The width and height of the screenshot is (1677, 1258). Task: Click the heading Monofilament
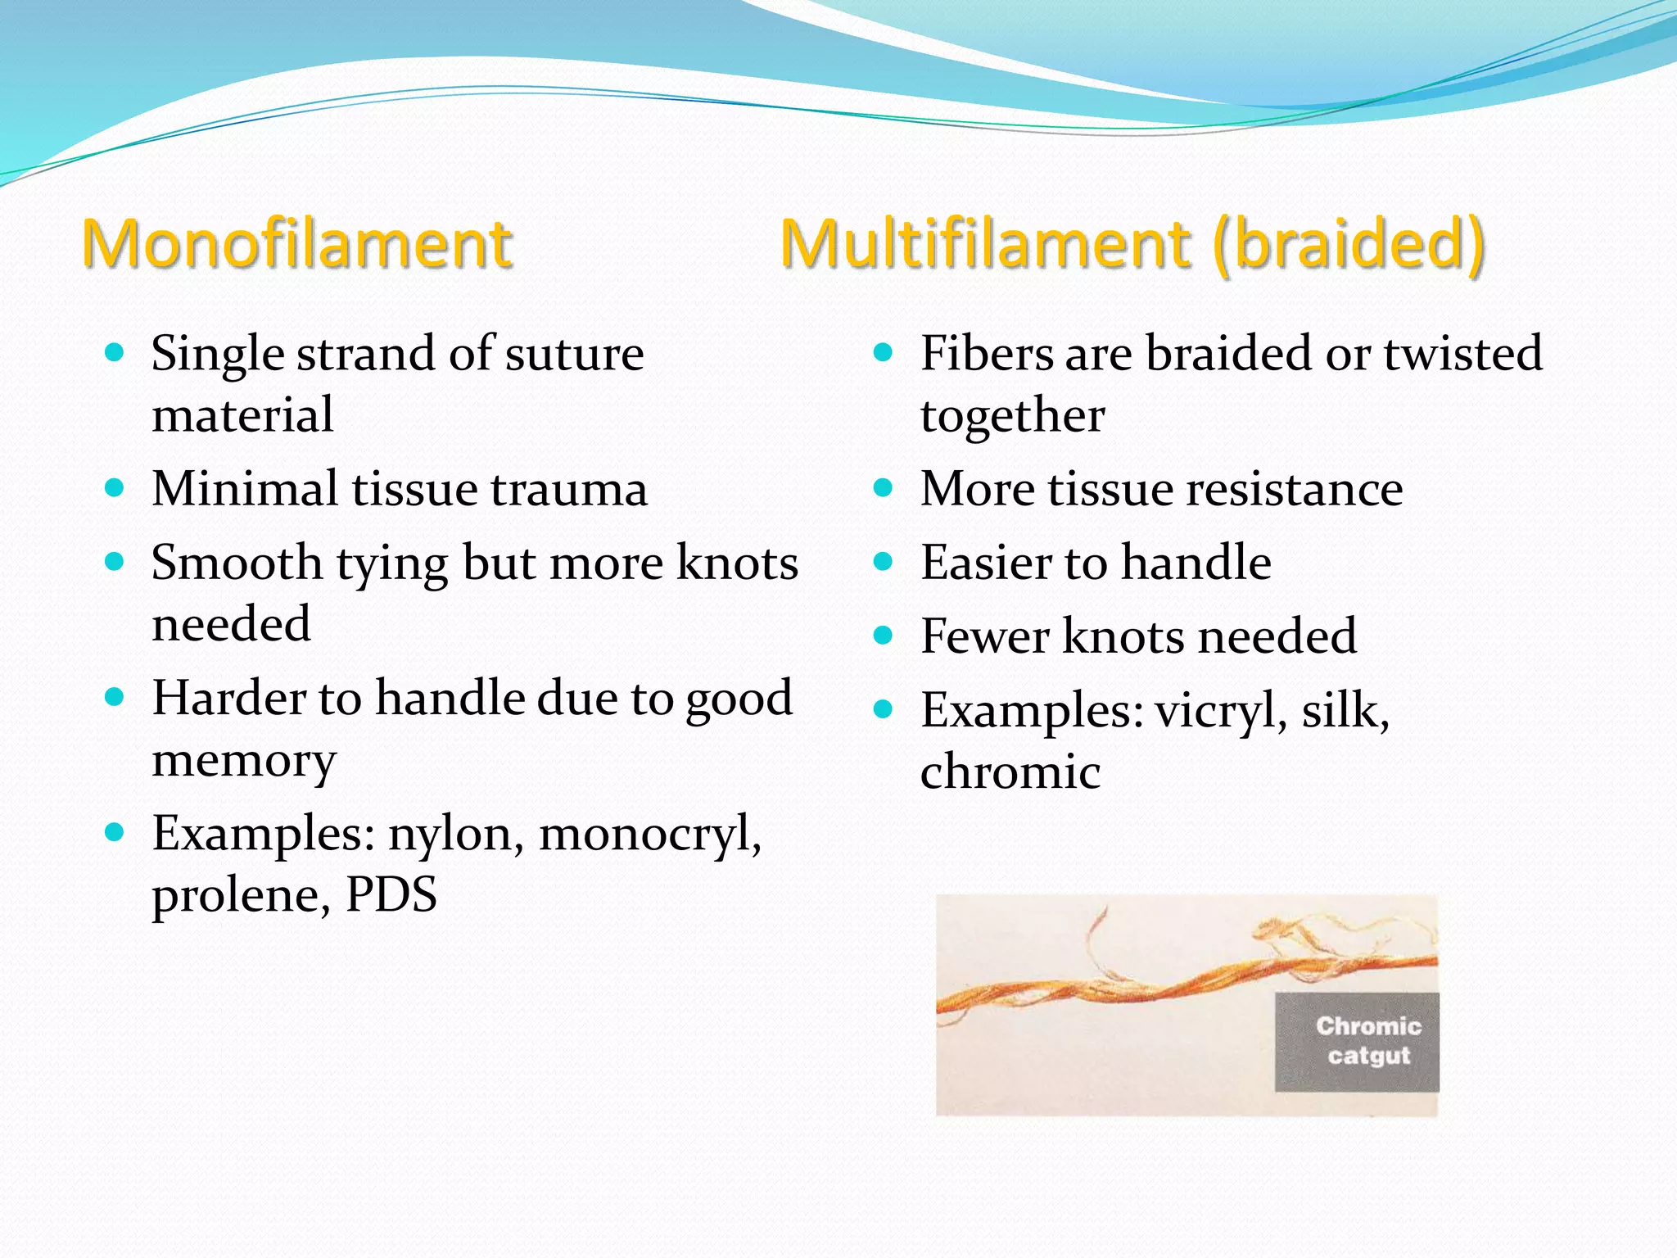[297, 244]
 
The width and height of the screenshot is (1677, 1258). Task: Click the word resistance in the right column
[1295, 489]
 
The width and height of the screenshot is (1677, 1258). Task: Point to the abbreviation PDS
[391, 894]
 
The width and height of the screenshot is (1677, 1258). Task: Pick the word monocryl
[650, 834]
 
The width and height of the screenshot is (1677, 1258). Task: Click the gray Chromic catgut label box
[1357, 1042]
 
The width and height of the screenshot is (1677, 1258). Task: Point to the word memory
[244, 762]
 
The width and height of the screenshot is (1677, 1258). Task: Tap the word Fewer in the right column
[984, 636]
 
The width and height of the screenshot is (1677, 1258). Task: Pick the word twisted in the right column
[1462, 354]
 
